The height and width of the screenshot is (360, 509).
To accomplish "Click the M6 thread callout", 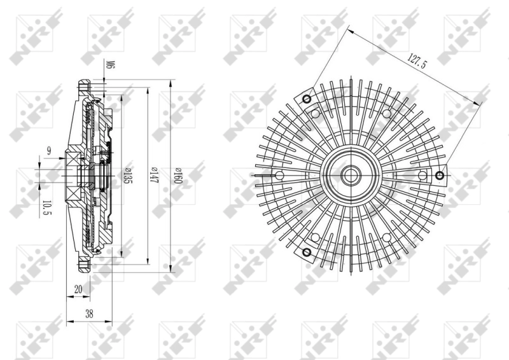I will coord(109,65).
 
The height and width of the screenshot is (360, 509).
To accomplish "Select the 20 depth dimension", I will coord(78,289).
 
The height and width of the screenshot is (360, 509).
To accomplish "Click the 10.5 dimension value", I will coord(46,208).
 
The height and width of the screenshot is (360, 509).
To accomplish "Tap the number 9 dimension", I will coord(48,151).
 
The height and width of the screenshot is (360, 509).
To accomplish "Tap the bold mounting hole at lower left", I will coord(307,253).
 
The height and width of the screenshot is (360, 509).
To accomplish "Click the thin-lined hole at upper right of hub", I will coord(386,113).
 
